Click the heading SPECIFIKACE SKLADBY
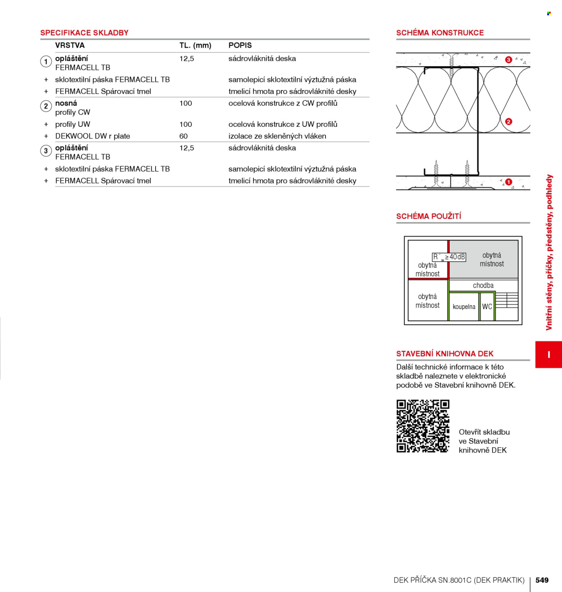(84, 32)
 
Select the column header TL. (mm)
(196, 45)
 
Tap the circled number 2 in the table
(46, 106)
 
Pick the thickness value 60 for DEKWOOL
(183, 136)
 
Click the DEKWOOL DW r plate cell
(93, 136)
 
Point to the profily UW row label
(72, 124)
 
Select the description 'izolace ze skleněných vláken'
(277, 136)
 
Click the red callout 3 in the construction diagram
(508, 60)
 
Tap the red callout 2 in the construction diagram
(508, 121)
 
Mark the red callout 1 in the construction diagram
(508, 182)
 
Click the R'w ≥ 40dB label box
(449, 257)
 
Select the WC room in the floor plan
(487, 306)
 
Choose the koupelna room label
(464, 306)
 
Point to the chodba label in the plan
(483, 285)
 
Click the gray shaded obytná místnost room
(484, 259)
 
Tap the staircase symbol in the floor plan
(507, 300)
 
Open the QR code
(423, 426)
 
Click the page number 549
(542, 580)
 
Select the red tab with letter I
(549, 354)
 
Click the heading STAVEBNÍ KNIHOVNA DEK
(445, 354)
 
